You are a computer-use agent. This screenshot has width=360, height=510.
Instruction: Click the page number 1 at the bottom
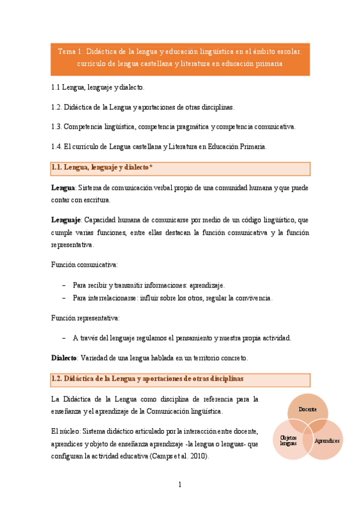[180, 485]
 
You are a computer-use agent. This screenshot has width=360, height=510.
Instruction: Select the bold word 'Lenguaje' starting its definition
[66, 221]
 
